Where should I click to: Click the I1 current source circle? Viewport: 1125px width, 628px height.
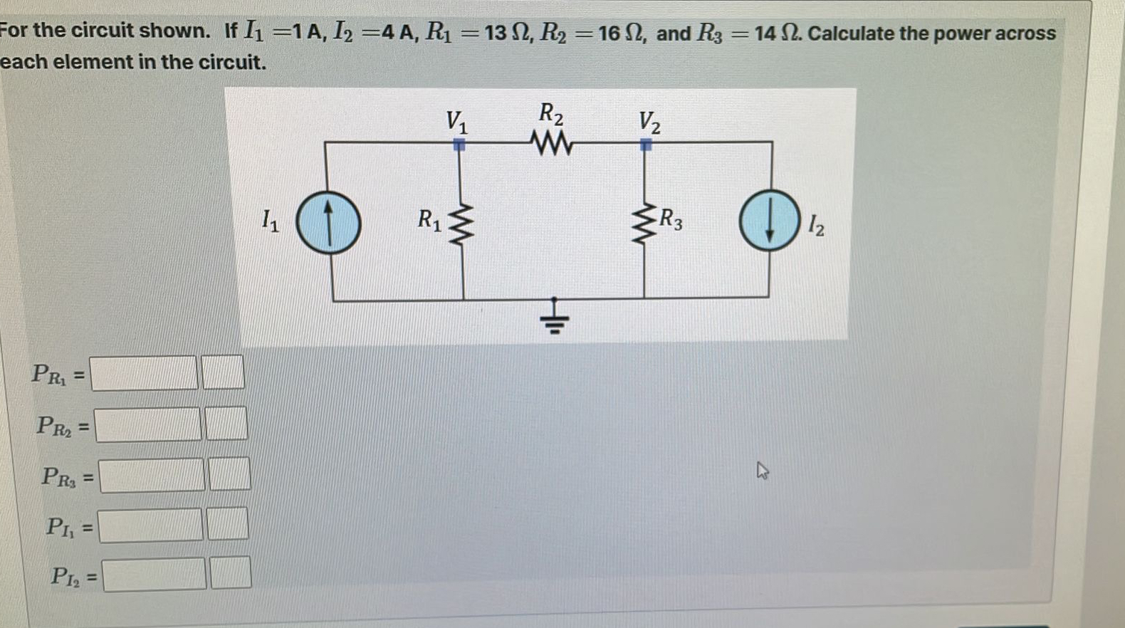(328, 223)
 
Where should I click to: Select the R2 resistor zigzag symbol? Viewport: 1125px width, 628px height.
(551, 145)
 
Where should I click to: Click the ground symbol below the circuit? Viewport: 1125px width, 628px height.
(556, 318)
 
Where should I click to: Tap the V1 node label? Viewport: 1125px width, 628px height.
(456, 122)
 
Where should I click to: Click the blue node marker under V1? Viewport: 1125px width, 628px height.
(459, 145)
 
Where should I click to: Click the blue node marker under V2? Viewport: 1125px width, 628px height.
(645, 145)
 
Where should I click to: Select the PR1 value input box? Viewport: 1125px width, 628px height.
(145, 373)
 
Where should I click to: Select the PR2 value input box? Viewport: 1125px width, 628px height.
(149, 424)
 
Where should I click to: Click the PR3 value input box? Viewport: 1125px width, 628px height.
(152, 476)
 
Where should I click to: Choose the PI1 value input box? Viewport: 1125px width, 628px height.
(150, 526)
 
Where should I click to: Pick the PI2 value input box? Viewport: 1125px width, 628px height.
(155, 575)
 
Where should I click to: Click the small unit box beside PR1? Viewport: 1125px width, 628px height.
(224, 372)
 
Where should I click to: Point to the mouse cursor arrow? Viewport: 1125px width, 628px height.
(762, 471)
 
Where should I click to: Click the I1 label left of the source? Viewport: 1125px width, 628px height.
(270, 220)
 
